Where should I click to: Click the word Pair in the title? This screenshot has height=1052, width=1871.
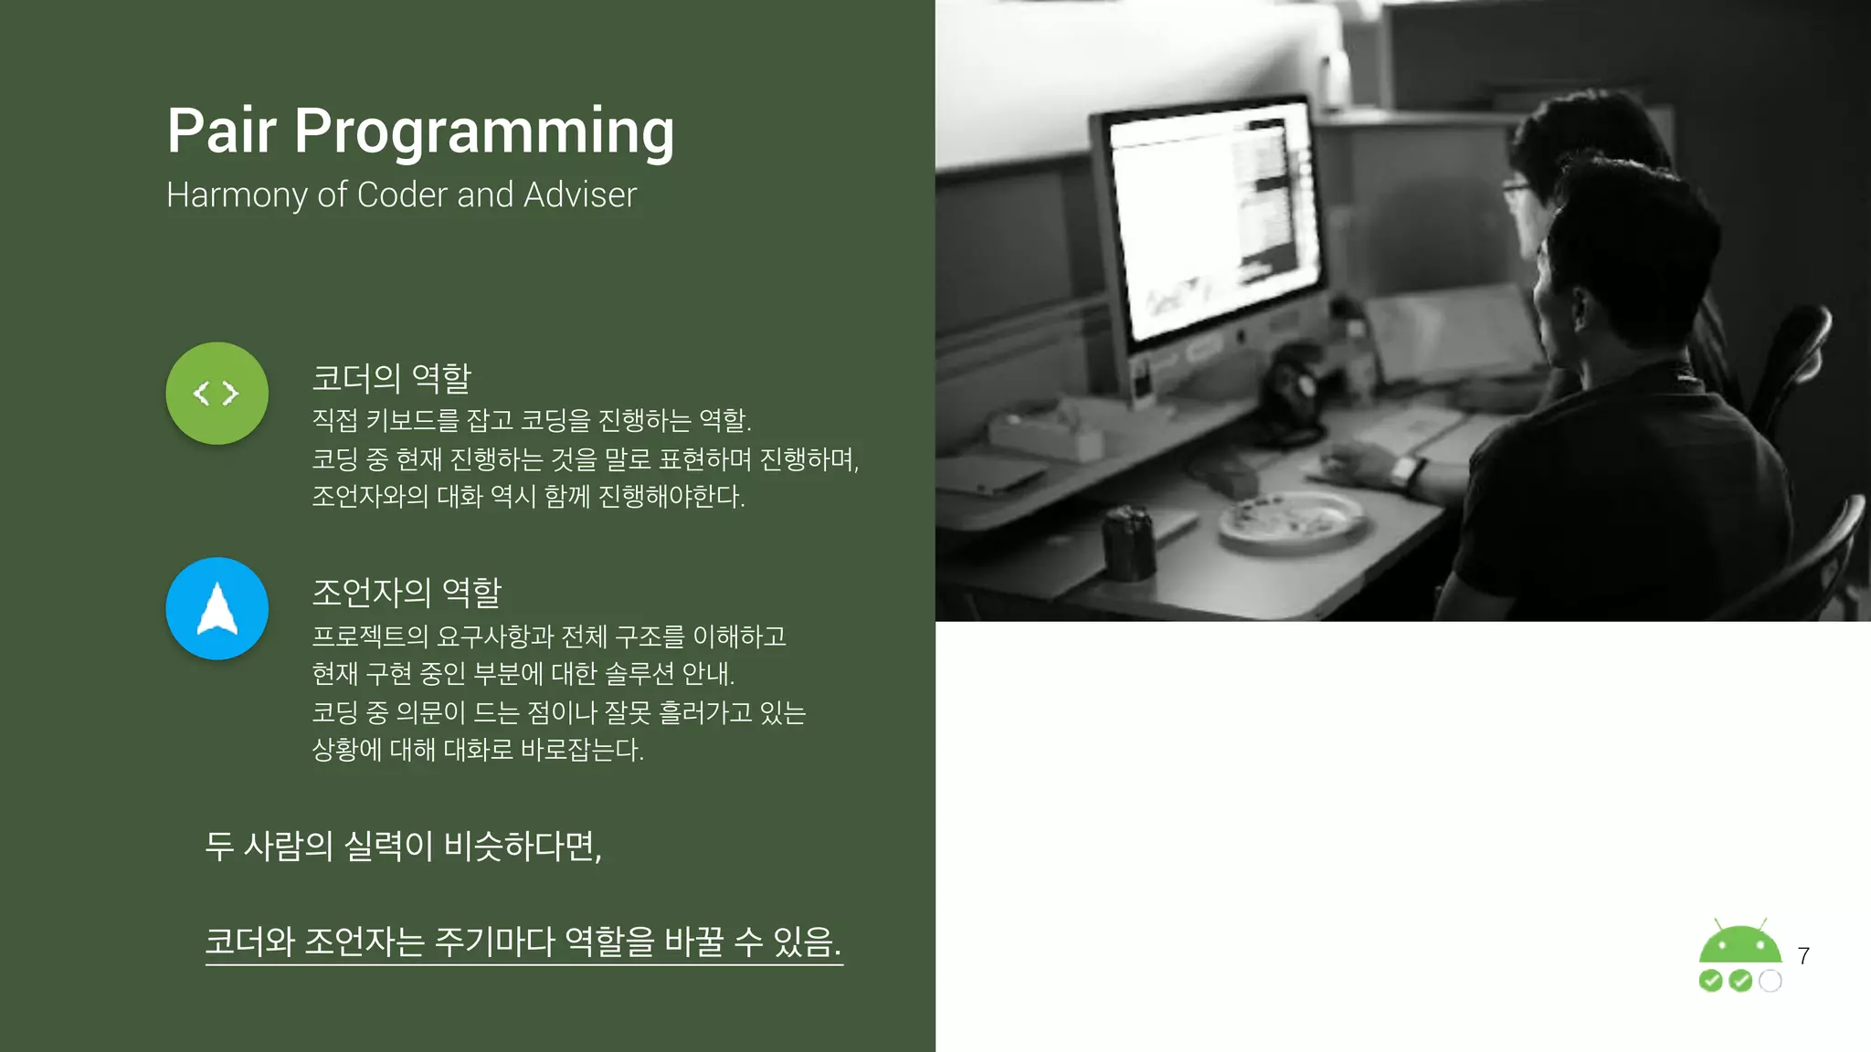pos(221,131)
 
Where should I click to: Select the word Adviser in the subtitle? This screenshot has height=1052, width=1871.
pos(579,195)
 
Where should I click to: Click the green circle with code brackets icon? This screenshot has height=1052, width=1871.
pos(217,394)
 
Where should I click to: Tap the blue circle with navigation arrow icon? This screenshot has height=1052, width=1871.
pos(217,609)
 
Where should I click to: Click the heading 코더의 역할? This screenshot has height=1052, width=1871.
pos(391,377)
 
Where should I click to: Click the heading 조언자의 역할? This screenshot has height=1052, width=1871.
pos(407,593)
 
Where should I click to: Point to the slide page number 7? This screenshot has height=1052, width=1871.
pos(1802,956)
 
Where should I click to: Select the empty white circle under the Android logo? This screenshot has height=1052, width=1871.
pos(1771,981)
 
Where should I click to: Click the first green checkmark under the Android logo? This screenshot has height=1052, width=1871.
pos(1710,981)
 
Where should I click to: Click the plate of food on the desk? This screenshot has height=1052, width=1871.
pos(1290,521)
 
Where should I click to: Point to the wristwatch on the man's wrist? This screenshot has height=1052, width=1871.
pos(1405,472)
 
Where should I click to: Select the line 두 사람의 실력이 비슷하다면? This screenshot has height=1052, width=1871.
pos(403,846)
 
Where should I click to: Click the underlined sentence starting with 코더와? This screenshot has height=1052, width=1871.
pos(523,941)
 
